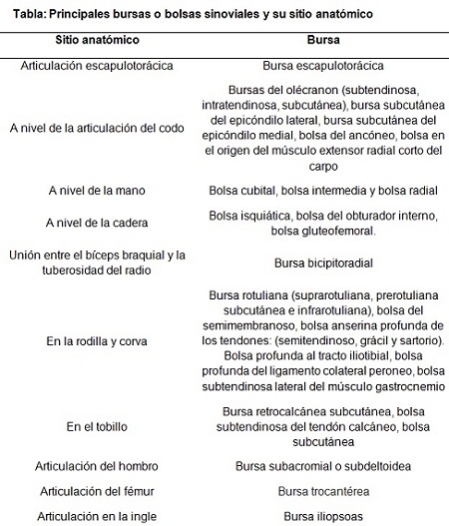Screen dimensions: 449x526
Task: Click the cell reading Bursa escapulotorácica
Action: point(322,66)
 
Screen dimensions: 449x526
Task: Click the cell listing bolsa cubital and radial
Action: point(322,189)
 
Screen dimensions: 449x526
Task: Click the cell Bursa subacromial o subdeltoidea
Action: point(322,466)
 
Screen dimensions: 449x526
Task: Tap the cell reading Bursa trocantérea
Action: point(322,491)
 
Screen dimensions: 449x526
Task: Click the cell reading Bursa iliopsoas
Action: point(322,516)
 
